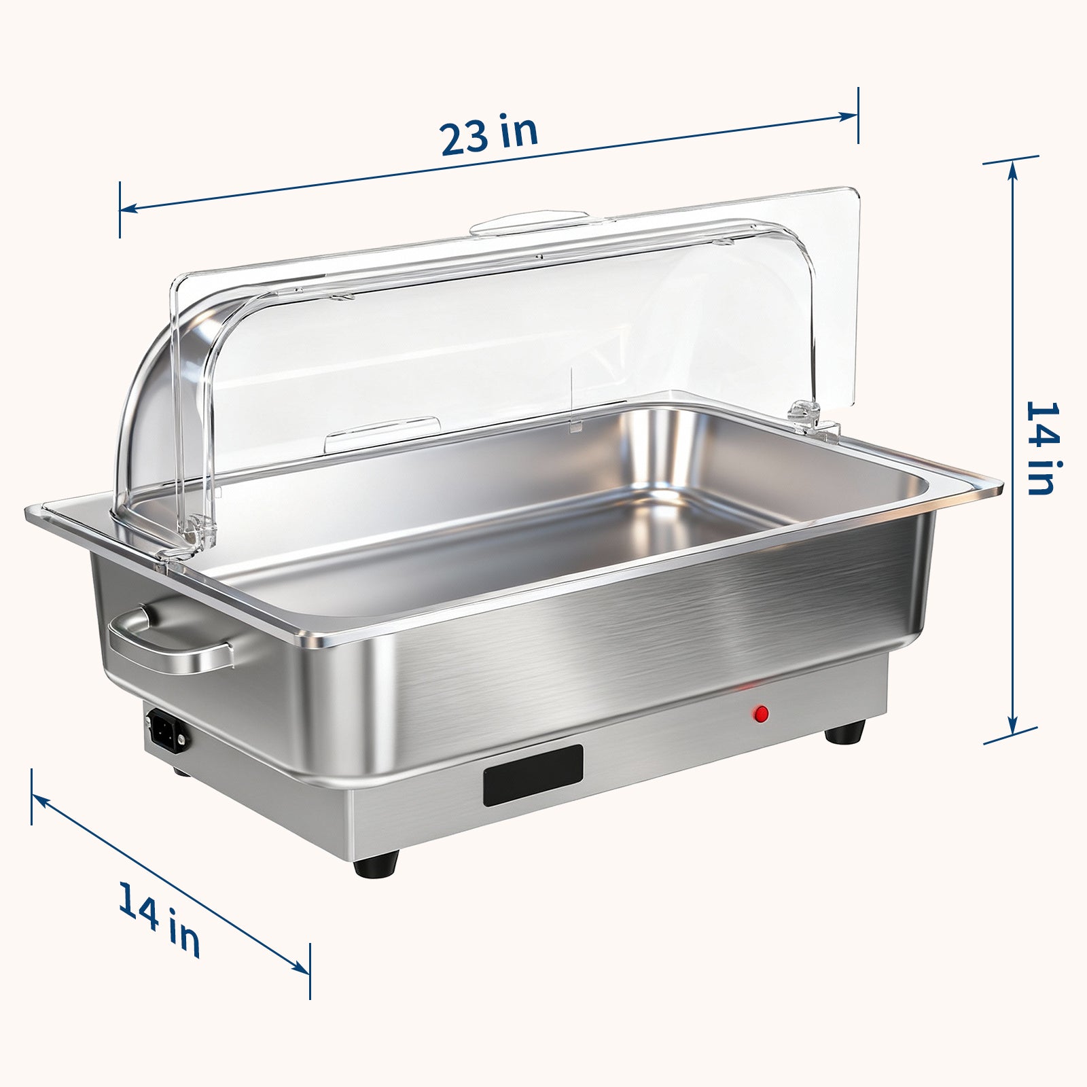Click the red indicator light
761,713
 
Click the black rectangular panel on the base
533,775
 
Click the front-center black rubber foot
374,866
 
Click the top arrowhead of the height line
1012,170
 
